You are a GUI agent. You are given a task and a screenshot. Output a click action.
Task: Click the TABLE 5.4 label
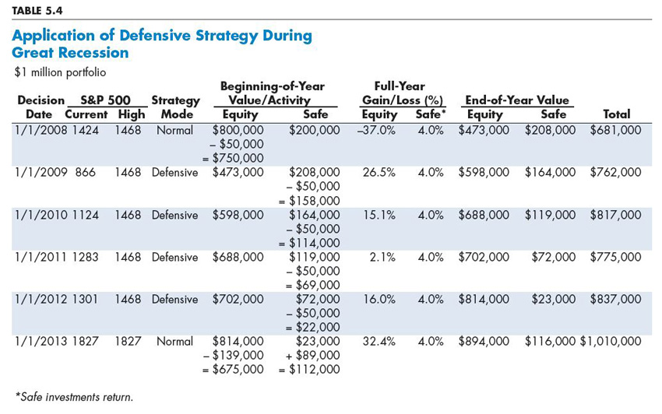[37, 11]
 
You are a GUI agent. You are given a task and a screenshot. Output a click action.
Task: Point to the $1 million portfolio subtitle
[60, 72]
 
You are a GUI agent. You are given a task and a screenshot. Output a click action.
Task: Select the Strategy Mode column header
[176, 107]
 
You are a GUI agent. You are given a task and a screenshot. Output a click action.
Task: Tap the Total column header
[616, 114]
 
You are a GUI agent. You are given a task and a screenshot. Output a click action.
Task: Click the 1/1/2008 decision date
[40, 130]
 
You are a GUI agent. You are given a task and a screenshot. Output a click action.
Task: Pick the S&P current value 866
[86, 172]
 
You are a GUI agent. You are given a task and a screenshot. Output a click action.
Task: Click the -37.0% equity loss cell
[375, 130]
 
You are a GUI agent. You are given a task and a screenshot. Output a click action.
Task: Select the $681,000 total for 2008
[615, 130]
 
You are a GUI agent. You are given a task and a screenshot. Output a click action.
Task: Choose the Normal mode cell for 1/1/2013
[174, 341]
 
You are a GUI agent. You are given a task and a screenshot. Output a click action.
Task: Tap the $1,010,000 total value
[611, 341]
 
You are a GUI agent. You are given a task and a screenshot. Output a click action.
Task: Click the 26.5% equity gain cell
[379, 172]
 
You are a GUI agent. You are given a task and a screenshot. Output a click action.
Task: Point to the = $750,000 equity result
[233, 158]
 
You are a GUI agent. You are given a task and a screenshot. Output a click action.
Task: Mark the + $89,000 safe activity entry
[312, 356]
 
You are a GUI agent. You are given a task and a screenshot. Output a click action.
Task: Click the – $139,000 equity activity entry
[233, 356]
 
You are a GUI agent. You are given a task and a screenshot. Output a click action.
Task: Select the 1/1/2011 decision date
[40, 257]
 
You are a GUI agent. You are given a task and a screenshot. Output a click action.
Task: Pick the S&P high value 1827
[128, 341]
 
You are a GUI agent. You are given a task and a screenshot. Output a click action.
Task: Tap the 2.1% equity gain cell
[382, 257]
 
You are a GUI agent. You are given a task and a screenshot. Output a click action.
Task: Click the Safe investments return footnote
[74, 397]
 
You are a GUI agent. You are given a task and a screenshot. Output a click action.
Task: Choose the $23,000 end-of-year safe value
[554, 299]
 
